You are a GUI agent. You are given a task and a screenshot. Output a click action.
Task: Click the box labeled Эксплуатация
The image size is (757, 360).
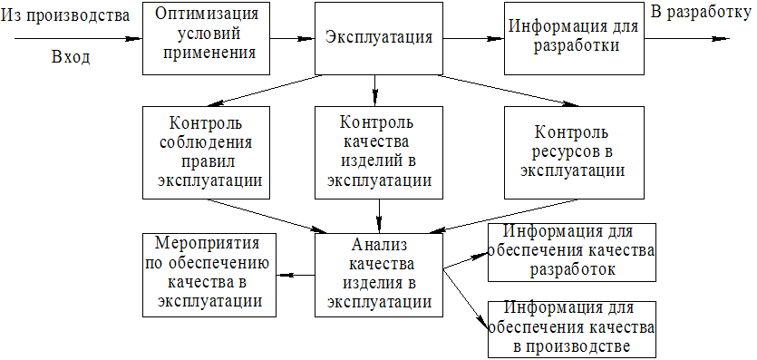point(379,38)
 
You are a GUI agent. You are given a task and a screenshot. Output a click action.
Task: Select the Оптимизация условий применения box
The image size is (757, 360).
point(206,38)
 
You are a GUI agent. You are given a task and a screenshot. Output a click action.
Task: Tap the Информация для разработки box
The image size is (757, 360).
point(573,38)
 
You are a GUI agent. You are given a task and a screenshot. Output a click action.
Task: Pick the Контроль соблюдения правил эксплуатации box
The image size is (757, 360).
point(206,152)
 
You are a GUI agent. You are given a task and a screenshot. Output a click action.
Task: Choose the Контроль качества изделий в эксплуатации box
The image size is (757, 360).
point(379,152)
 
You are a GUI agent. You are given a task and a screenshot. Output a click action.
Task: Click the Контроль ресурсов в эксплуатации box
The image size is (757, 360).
point(573,152)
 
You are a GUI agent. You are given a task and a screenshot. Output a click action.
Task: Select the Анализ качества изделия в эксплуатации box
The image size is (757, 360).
point(379,275)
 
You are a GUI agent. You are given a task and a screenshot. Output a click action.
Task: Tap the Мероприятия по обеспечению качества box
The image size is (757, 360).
point(209,275)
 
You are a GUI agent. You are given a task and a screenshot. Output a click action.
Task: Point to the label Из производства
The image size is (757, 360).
point(66,15)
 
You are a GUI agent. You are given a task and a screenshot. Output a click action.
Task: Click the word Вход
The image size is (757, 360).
point(71,58)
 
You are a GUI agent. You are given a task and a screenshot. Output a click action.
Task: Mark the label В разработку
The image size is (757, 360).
point(703,12)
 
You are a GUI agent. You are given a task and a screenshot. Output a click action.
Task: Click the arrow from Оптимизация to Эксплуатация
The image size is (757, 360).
point(292,39)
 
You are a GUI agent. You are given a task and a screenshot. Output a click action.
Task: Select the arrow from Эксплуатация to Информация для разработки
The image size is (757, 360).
point(473,39)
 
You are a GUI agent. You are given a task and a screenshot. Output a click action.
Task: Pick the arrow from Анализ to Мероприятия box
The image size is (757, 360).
point(296,275)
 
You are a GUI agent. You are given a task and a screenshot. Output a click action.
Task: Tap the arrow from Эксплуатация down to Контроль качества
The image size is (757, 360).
point(375,91)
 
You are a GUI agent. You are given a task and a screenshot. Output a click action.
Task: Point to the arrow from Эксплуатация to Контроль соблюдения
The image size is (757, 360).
point(265,91)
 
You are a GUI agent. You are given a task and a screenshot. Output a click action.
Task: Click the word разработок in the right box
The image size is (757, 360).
point(573,269)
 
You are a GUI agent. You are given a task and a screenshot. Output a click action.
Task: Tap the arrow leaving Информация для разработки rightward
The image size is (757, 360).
point(686,39)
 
